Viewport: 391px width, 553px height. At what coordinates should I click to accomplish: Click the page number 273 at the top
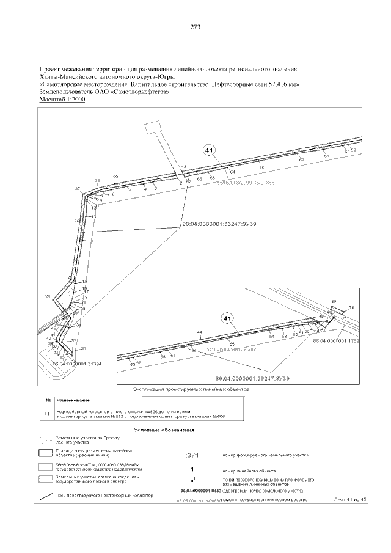[x=195, y=27]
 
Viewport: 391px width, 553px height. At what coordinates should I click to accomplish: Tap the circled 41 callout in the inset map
[x=227, y=318]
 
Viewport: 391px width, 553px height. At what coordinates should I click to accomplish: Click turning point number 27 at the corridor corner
[x=78, y=188]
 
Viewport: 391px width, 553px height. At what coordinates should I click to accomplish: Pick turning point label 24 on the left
[x=48, y=296]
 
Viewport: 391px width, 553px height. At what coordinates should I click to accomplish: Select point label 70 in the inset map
[x=351, y=307]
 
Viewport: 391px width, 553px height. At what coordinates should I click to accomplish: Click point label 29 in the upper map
[x=115, y=177]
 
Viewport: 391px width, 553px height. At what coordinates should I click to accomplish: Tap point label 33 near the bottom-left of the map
[x=84, y=348]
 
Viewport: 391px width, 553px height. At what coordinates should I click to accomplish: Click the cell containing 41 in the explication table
[x=47, y=414]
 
